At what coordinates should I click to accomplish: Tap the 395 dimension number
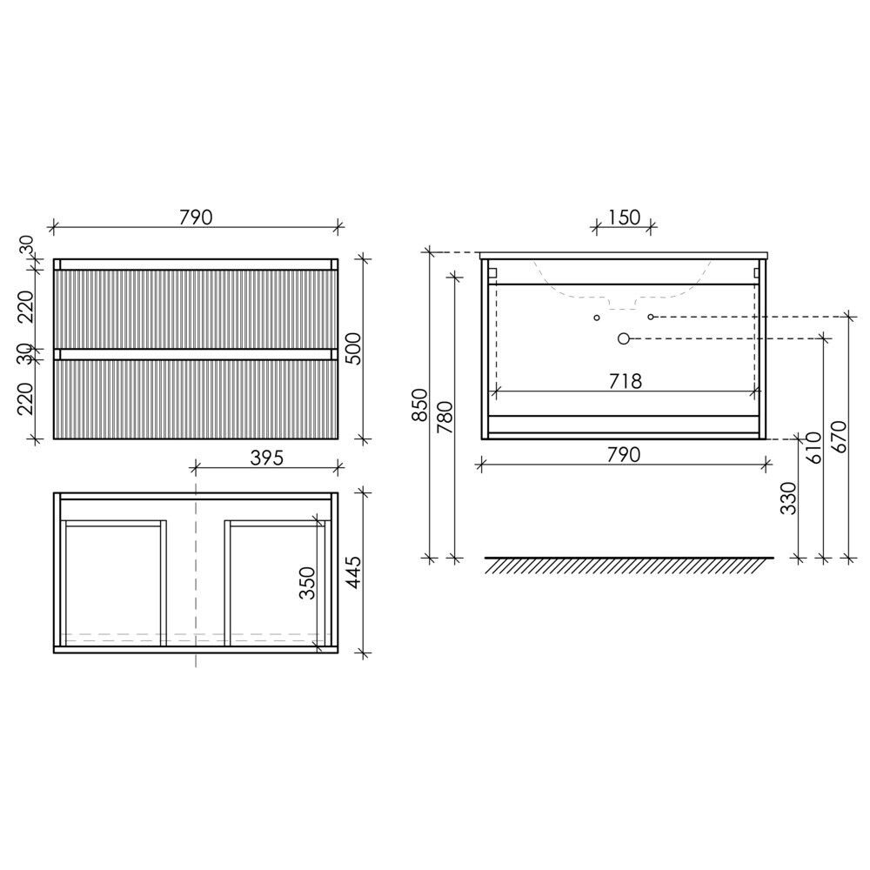tap(267, 458)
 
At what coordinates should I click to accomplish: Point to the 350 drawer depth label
tap(307, 583)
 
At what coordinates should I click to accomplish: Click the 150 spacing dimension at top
tap(625, 217)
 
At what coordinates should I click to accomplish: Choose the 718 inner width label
tap(626, 381)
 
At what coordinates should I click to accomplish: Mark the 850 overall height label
tap(420, 405)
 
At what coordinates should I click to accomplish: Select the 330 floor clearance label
tap(788, 498)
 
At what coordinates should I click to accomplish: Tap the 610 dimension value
tap(813, 448)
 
